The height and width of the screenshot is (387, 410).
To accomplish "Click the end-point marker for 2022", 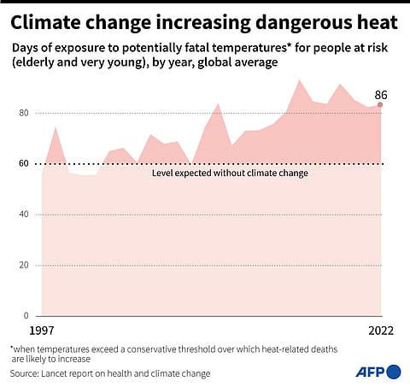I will [380, 105].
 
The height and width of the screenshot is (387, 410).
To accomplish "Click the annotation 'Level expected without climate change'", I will [230, 173].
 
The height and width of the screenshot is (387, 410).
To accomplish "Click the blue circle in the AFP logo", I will [393, 371].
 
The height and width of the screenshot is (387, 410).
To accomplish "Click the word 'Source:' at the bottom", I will [26, 373].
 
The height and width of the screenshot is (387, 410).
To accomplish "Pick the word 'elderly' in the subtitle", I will [37, 62].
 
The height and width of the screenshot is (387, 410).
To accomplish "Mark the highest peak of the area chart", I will [299, 80].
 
